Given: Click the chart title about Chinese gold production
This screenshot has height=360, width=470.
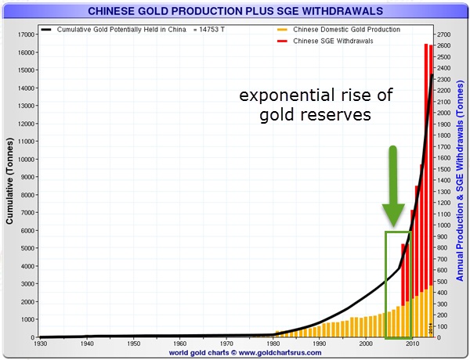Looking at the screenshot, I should point(236,11).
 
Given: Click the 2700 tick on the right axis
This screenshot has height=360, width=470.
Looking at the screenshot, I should point(443,34).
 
